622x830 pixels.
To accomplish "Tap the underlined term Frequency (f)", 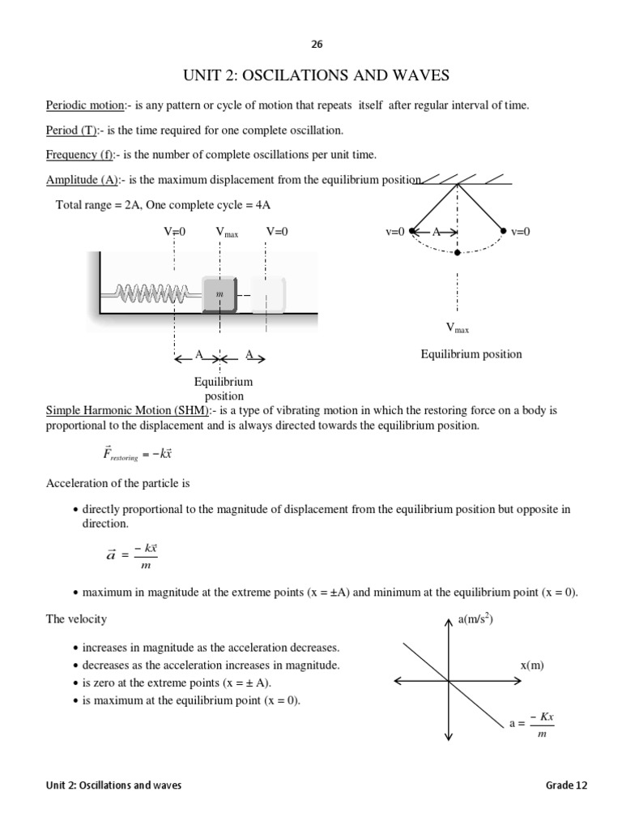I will coord(80,155).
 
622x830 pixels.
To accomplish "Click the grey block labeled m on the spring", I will coord(219,293).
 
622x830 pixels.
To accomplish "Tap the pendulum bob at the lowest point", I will coord(458,253).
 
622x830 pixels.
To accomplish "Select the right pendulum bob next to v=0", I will coord(504,231).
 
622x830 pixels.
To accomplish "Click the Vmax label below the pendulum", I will coord(458,327).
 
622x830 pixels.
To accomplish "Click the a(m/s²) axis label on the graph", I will coord(475,620).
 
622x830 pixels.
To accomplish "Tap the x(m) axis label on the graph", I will coord(531,665).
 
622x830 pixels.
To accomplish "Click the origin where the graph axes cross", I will coord(449,681).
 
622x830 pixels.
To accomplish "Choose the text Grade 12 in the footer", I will coord(567,785).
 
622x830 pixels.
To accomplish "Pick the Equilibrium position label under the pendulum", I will coord(471,354).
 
